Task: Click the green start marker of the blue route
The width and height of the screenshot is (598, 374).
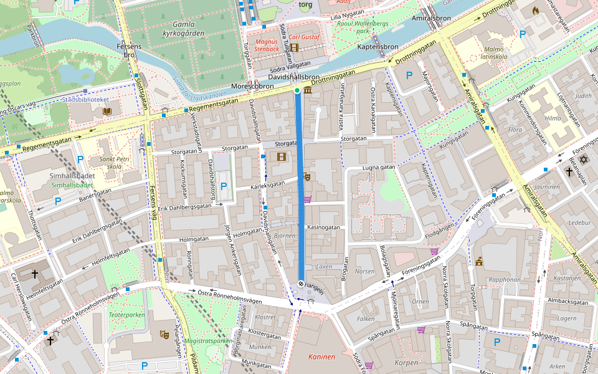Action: (x=297, y=91)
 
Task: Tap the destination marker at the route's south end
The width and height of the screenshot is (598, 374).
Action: (x=301, y=284)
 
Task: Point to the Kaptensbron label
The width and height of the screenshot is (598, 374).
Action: (x=377, y=47)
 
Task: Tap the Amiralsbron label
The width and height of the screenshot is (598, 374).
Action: (x=431, y=19)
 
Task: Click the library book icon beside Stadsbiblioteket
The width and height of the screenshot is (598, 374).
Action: (x=107, y=112)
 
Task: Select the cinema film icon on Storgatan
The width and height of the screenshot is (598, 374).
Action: (x=282, y=156)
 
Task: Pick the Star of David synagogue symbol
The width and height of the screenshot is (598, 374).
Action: (x=584, y=160)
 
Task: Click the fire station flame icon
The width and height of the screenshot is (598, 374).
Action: (x=535, y=11)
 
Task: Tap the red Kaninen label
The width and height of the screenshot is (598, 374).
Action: (x=321, y=357)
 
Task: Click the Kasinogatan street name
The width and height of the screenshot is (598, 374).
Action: (x=324, y=228)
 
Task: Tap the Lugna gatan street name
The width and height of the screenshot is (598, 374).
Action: (x=379, y=168)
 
